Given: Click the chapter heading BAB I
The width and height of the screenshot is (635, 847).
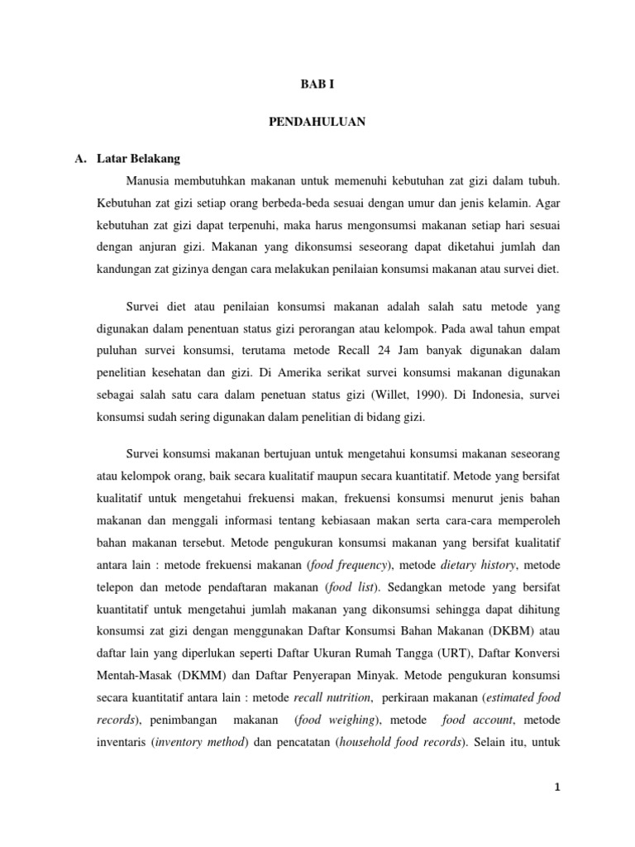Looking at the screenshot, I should click(x=317, y=84).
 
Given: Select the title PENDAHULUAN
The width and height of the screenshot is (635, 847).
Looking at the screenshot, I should click(x=317, y=121).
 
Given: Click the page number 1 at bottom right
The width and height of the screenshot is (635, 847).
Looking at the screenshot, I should click(x=558, y=787).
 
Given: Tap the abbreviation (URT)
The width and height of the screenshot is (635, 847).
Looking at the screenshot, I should click(x=447, y=632).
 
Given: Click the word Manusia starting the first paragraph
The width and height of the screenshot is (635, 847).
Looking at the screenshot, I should click(x=152, y=179).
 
